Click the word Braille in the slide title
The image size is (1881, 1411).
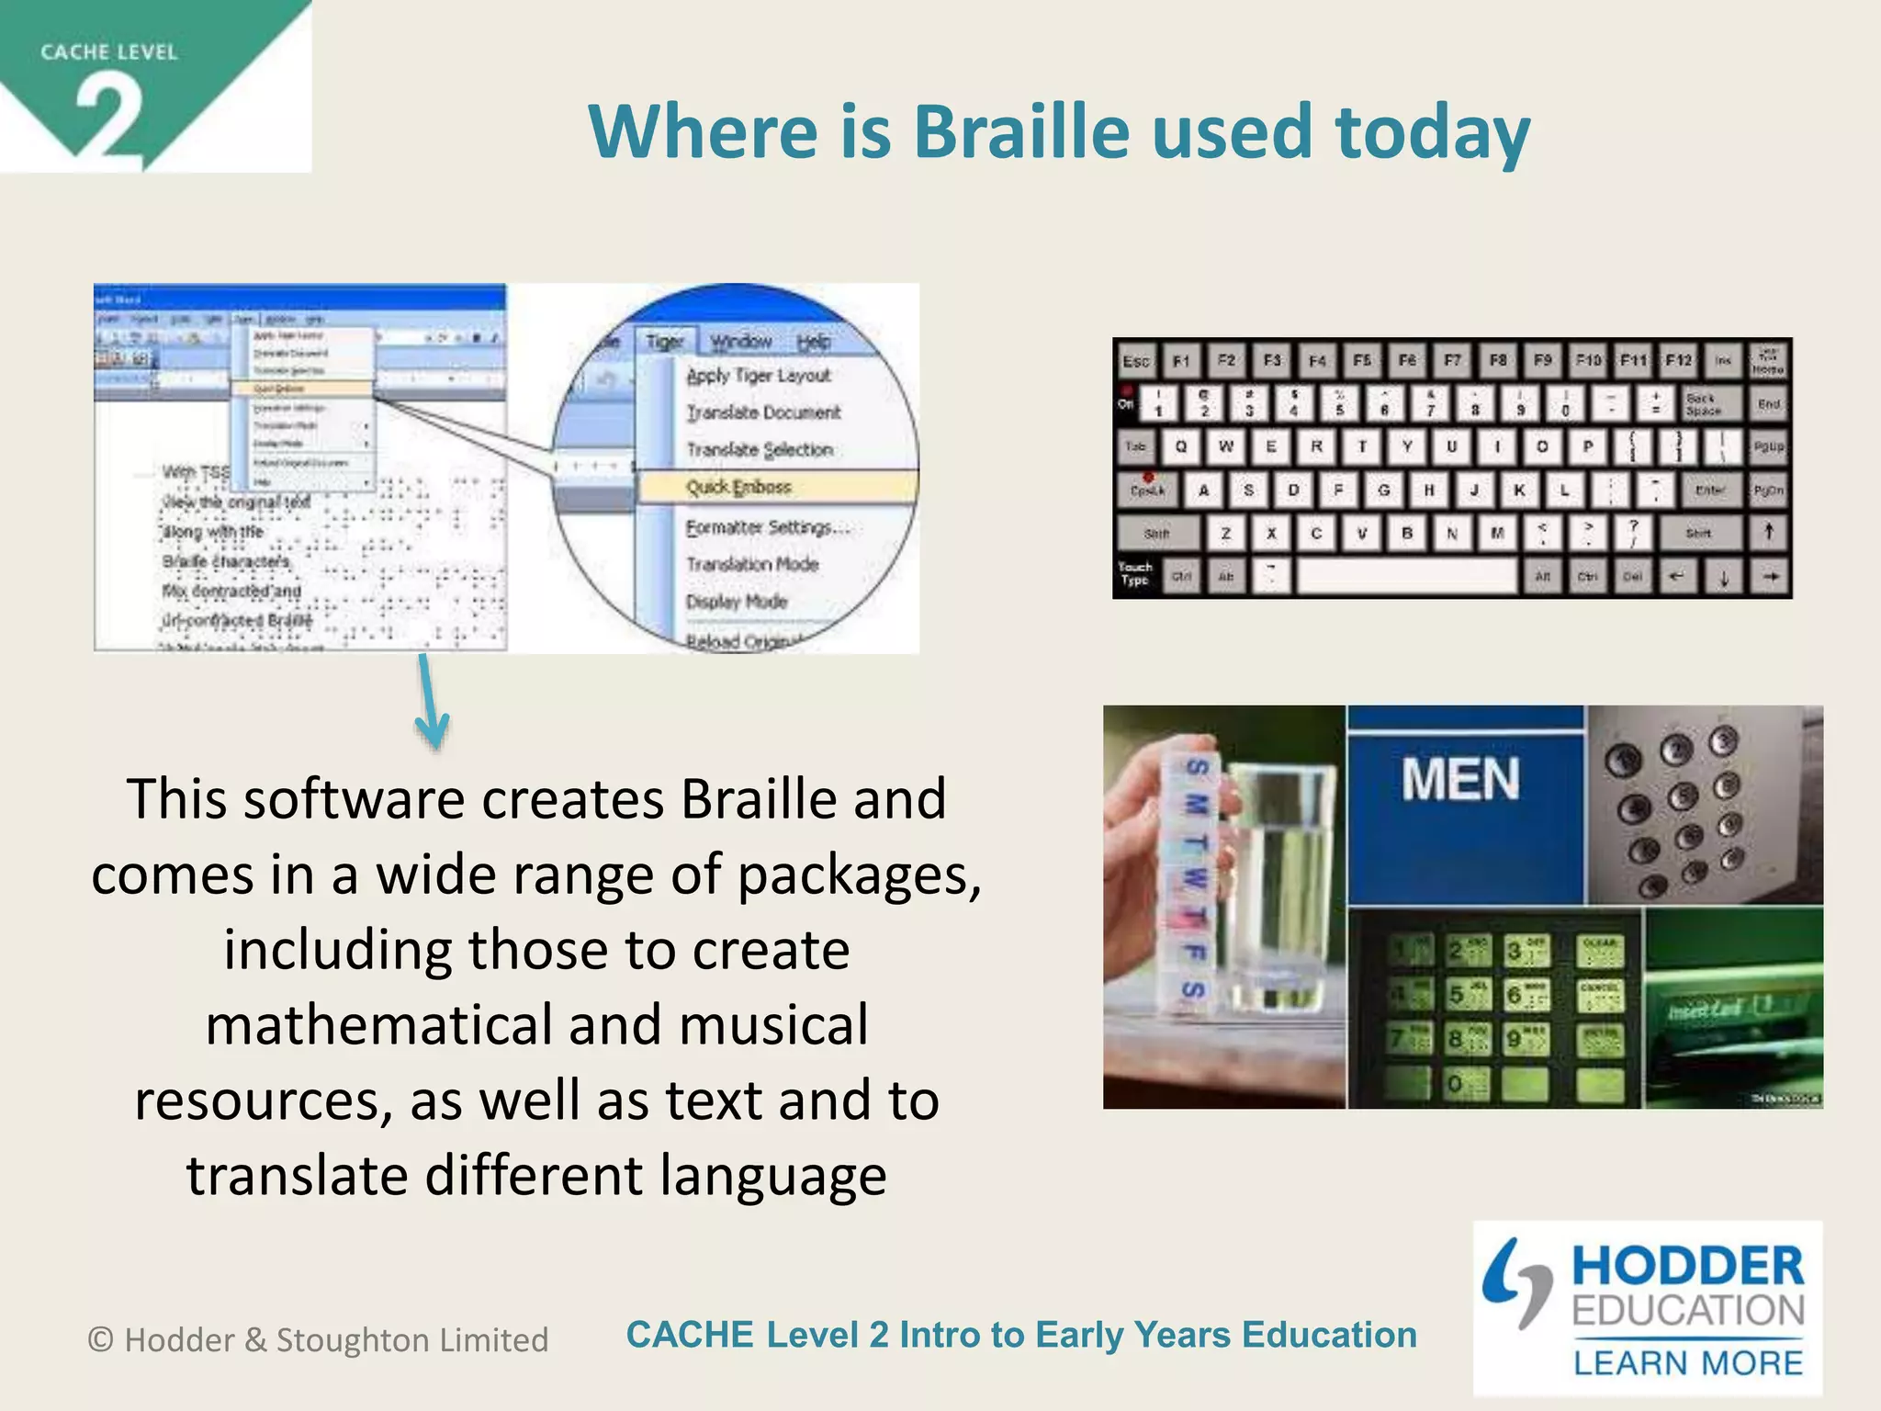click(x=1019, y=131)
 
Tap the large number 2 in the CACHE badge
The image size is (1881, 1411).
click(x=108, y=118)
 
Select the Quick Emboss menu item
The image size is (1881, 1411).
click(x=738, y=487)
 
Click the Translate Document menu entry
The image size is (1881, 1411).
click(x=763, y=412)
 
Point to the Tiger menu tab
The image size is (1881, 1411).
click(x=664, y=342)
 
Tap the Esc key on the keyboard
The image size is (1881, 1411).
click(x=1135, y=361)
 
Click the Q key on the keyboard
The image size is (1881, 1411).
click(x=1180, y=446)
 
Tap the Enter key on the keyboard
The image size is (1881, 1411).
click(x=1708, y=491)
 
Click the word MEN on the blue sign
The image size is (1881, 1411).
click(x=1460, y=780)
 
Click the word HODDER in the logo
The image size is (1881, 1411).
click(x=1688, y=1267)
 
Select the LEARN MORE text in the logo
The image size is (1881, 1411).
click(x=1688, y=1363)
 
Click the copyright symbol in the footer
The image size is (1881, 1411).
click(x=100, y=1340)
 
